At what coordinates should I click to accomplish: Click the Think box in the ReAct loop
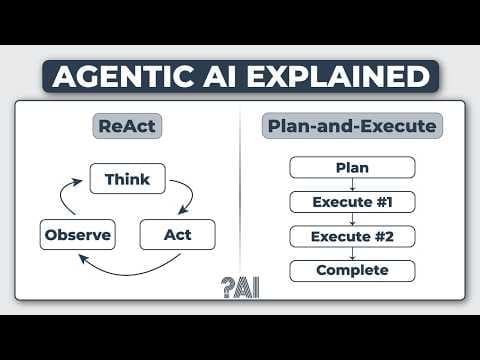(127, 180)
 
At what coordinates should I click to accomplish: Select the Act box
(177, 236)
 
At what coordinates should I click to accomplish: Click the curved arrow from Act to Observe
(130, 271)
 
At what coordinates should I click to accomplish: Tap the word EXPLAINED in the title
(341, 76)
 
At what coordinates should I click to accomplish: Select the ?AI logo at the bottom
(240, 287)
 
